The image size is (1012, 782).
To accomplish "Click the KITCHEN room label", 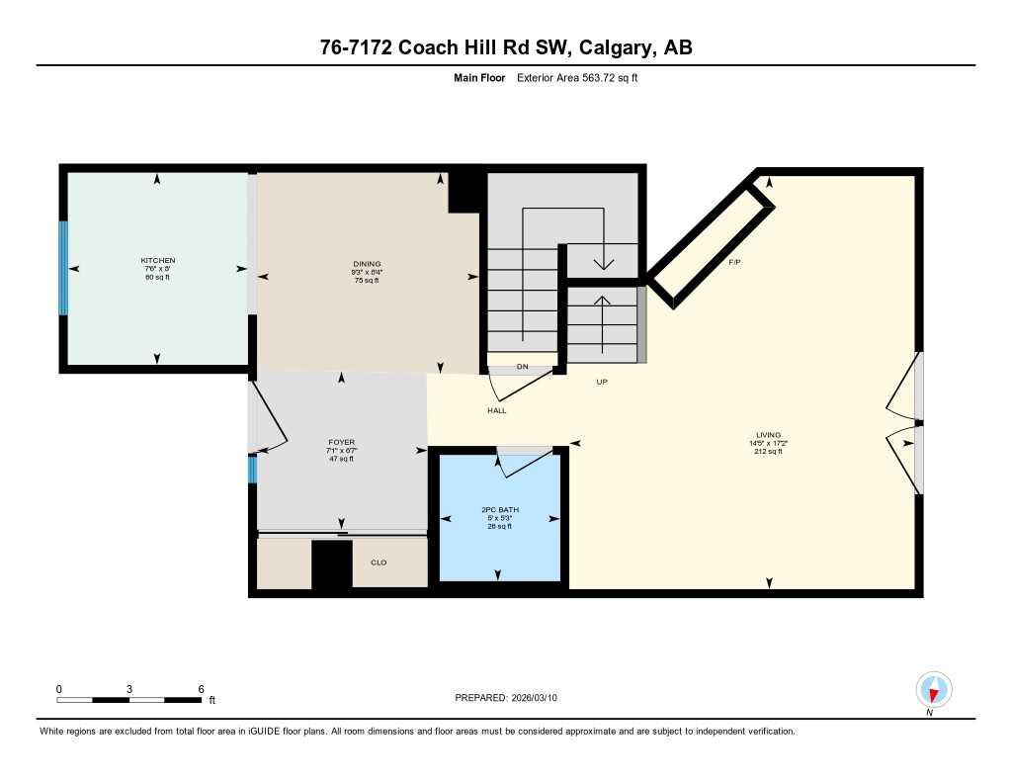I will (x=157, y=261).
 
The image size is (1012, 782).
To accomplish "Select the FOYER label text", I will (x=342, y=442).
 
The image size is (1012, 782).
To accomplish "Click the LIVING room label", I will (x=768, y=435).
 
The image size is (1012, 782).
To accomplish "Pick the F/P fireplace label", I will (x=734, y=261).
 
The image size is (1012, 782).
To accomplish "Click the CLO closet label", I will (x=379, y=563).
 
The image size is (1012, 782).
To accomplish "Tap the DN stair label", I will (x=522, y=367).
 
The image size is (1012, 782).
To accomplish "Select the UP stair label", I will (x=601, y=382).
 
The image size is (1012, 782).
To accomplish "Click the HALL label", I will (x=497, y=410).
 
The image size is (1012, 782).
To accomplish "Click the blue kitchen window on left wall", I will (x=64, y=268).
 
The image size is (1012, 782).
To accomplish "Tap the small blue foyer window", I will (x=252, y=469).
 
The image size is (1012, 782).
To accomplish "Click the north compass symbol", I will (x=933, y=689).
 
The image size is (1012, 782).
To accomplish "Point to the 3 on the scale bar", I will (x=129, y=688).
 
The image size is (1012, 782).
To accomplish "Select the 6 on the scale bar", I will (x=201, y=688).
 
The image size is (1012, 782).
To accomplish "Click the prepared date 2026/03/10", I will (x=541, y=697).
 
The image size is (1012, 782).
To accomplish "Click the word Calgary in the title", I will (x=618, y=47).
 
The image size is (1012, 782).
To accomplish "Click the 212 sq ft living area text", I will (x=768, y=452).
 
